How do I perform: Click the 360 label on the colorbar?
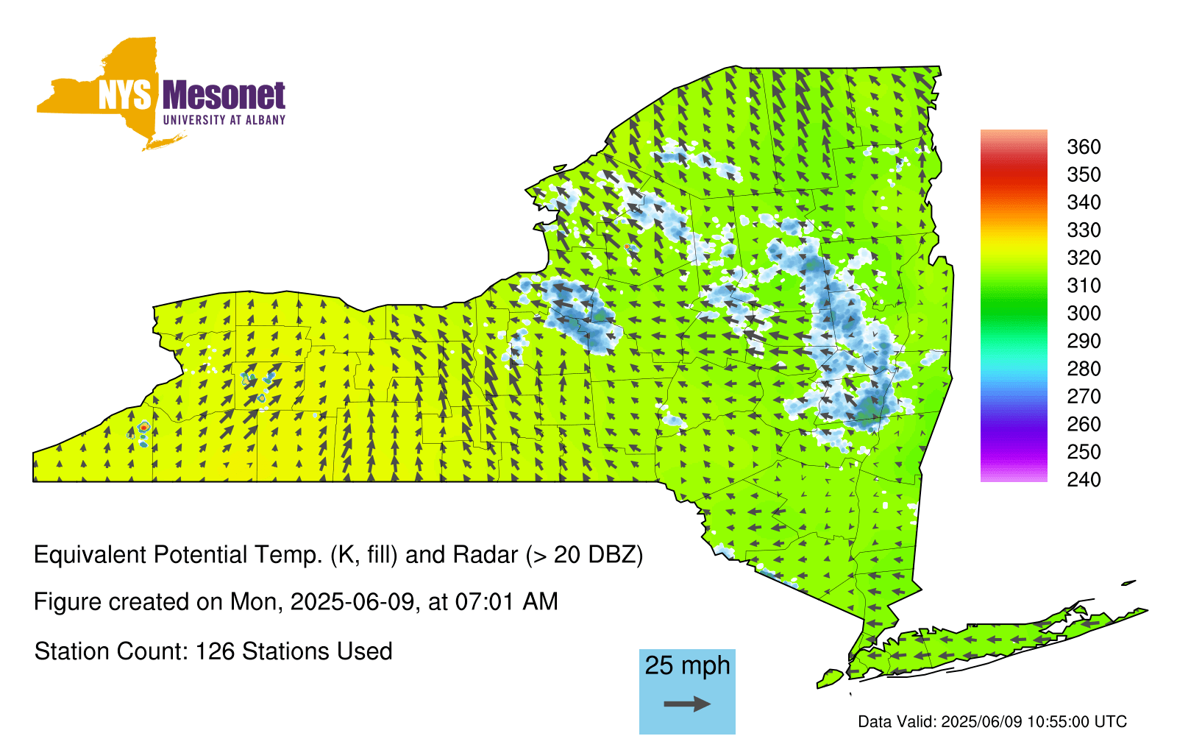tap(1084, 146)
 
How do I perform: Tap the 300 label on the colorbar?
tap(1084, 314)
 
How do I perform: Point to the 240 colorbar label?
tap(1084, 479)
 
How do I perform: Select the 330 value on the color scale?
tap(1084, 230)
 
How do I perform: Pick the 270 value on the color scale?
tap(1084, 397)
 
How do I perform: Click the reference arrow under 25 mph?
tap(687, 704)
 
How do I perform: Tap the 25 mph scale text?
tap(687, 665)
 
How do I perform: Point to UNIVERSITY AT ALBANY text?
tap(224, 120)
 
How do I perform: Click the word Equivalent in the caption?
tap(90, 555)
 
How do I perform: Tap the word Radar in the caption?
tap(486, 555)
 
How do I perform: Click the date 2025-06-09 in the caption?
tap(352, 601)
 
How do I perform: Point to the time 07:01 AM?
tap(507, 601)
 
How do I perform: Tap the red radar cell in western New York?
tap(143, 428)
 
